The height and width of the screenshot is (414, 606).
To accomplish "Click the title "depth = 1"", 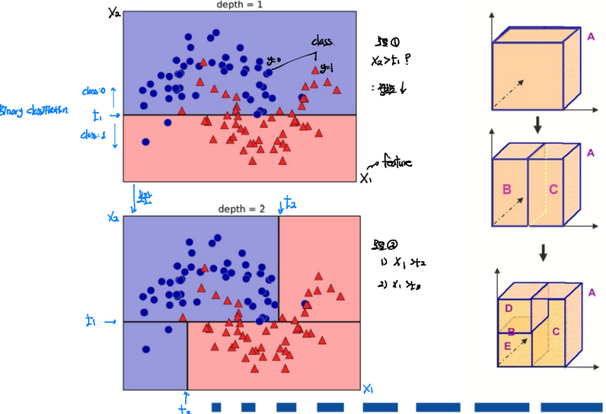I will pos(240,5).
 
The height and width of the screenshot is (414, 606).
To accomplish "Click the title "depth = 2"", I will pos(240,209).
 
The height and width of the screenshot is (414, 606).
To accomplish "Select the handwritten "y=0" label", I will pos(274,60).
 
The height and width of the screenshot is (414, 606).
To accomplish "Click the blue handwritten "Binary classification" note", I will pos(34,111).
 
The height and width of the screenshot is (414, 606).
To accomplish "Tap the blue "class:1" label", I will pos(93,134).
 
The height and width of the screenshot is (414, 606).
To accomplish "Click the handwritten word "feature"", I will pos(397,162).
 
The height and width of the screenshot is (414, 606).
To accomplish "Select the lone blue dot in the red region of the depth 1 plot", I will pos(146,142).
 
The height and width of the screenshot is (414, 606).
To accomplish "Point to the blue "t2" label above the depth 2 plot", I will pos(289,204).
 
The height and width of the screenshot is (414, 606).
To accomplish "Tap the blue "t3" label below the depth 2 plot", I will pos(184,407).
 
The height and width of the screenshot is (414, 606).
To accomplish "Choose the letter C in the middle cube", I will pos(554,188).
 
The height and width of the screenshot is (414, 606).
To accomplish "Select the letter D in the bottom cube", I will pos(508,309).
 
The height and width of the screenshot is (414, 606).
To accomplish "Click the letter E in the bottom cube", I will pos(508,345).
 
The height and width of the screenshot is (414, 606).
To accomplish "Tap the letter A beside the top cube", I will pos(590,34).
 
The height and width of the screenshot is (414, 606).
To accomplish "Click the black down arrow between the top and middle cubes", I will pos(538,124).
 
